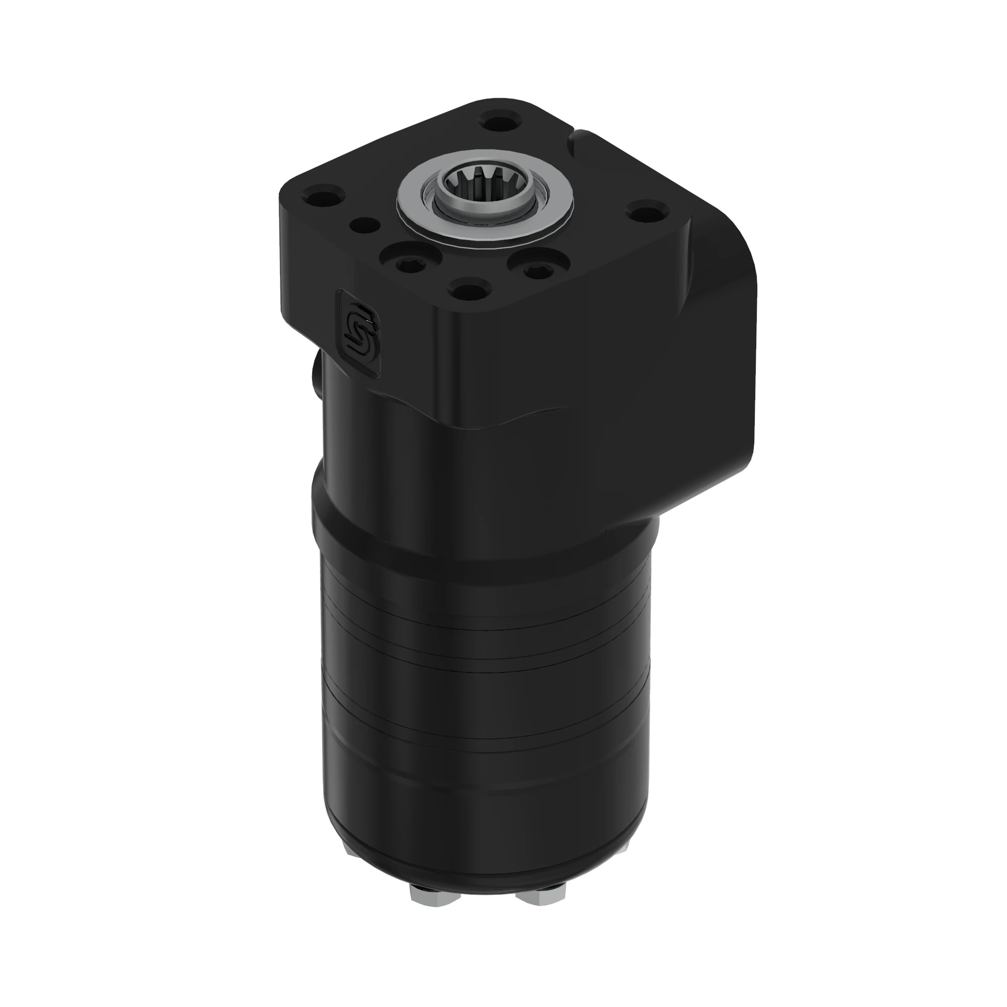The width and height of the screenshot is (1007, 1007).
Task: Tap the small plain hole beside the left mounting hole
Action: (x=366, y=226)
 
